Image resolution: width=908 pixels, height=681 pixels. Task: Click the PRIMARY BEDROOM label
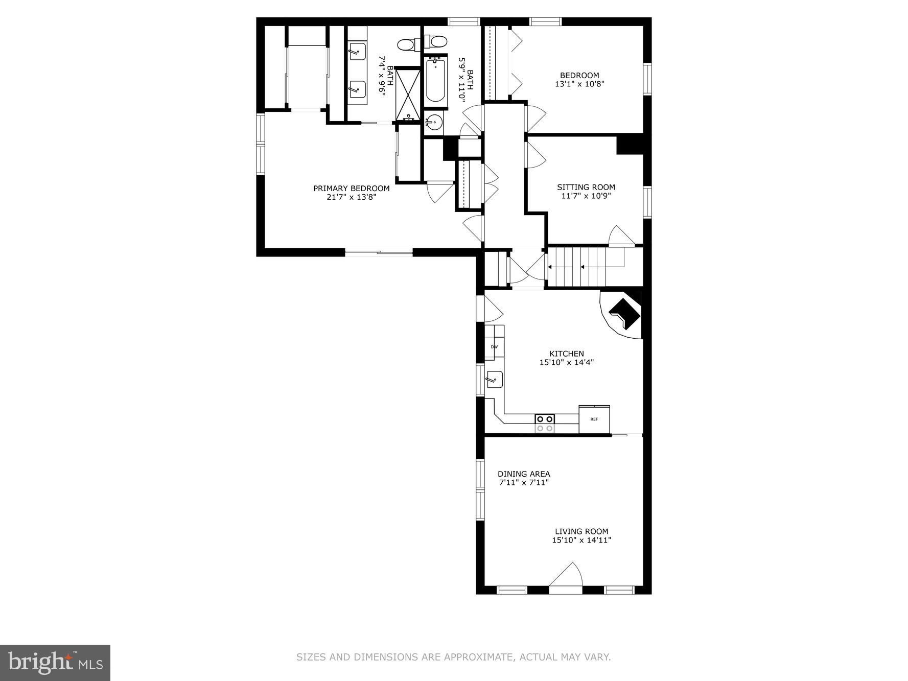coord(351,188)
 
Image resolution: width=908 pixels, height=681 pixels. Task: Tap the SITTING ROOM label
coord(586,187)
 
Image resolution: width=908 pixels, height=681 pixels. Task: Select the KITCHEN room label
coord(566,354)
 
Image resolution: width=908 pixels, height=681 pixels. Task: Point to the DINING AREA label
coord(524,474)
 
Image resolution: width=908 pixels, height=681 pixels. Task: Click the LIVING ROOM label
coord(581,531)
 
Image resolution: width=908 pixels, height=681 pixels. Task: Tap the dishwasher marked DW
coord(494,347)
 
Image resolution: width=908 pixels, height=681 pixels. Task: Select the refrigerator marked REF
coord(594,419)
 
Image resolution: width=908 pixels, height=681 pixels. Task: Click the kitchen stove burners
coord(544,424)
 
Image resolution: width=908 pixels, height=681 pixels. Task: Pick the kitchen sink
coord(494,380)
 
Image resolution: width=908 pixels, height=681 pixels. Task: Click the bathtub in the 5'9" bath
coord(435,81)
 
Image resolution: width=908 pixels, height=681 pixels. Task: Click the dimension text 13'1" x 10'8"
coord(579,84)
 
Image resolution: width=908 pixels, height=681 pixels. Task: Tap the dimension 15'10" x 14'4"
coord(566,363)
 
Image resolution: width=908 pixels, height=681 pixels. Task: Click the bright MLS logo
coord(55,663)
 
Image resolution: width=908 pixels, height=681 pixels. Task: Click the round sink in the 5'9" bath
coord(434,122)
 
